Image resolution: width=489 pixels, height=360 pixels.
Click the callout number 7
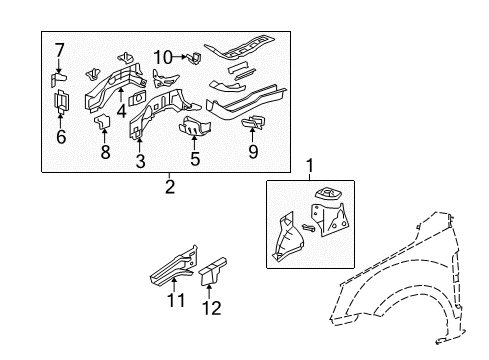pyautogui.click(x=60, y=49)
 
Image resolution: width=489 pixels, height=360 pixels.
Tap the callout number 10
pyautogui.click(x=163, y=56)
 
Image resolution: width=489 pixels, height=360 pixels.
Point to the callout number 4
pyautogui.click(x=121, y=110)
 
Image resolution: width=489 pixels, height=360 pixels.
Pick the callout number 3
pyautogui.click(x=140, y=161)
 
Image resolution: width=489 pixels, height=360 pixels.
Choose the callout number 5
pyautogui.click(x=195, y=158)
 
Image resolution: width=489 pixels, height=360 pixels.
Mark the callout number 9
pyautogui.click(x=253, y=153)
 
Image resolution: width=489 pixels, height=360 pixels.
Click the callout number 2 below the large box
pyautogui.click(x=169, y=186)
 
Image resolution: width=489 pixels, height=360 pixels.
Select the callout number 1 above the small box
pyautogui.click(x=309, y=165)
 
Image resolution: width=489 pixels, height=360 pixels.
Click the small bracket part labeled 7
pyautogui.click(x=60, y=76)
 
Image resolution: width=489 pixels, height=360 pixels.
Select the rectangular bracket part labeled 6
pyautogui.click(x=60, y=103)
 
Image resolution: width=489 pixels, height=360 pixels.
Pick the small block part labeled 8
pyautogui.click(x=102, y=123)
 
